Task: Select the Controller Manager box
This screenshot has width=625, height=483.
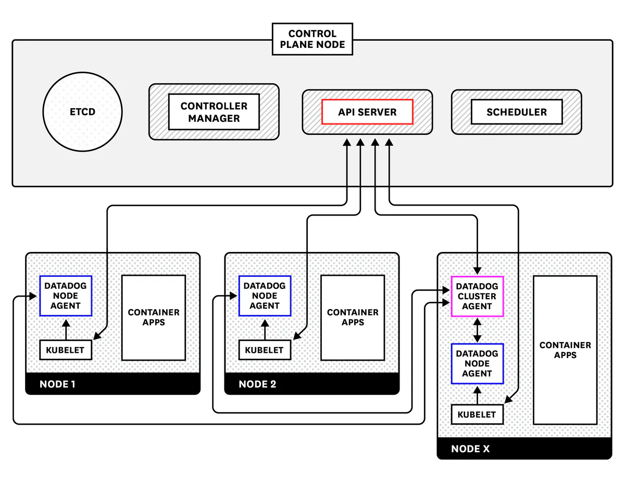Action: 214,112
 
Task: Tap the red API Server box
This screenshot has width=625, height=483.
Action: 367,112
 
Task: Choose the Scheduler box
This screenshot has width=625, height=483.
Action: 516,112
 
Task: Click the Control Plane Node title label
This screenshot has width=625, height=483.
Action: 312,40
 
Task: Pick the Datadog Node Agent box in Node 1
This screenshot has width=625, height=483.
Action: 66,296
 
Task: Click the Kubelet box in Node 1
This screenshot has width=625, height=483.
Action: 66,350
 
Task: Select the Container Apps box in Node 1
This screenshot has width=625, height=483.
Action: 154,317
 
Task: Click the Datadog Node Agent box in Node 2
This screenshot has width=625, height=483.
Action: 265,296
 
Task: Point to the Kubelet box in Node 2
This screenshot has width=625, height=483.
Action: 265,350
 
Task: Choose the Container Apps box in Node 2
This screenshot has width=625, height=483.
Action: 353,317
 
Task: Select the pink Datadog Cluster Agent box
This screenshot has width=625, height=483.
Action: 477,296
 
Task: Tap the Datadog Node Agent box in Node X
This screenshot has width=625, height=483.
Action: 477,363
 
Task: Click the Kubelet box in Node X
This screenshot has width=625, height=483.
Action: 477,415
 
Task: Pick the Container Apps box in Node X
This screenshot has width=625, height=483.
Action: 565,350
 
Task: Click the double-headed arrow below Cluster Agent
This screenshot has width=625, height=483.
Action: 477,330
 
